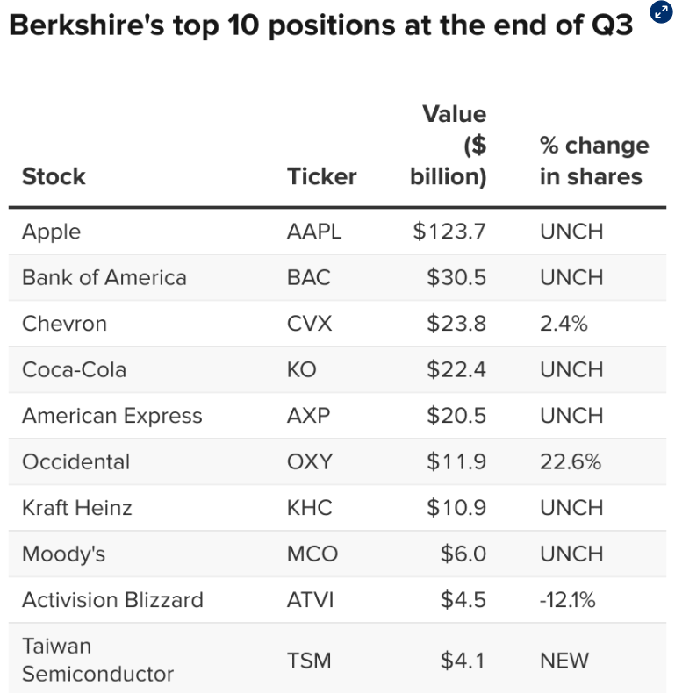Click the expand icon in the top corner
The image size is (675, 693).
(x=661, y=12)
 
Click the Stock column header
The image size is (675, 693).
(x=54, y=176)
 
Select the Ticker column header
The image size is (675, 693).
(x=321, y=176)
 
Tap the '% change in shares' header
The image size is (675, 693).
(x=594, y=161)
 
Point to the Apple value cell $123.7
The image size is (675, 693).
(x=449, y=232)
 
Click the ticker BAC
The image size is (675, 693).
(x=309, y=277)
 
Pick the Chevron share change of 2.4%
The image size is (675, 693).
(x=564, y=324)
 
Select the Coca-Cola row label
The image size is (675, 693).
(x=75, y=369)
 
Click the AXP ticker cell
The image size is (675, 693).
(x=308, y=416)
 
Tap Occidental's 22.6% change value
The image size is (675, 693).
(x=571, y=461)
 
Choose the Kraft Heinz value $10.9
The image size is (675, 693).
(x=456, y=508)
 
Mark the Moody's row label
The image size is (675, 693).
(x=64, y=554)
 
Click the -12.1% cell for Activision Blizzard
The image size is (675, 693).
(x=568, y=600)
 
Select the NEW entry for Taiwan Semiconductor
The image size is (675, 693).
(x=564, y=661)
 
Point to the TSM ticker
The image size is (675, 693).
(x=309, y=661)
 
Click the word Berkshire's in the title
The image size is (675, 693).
(x=87, y=25)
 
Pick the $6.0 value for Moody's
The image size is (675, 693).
(x=463, y=554)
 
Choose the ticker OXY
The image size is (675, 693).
(x=310, y=461)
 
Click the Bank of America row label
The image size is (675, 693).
(x=104, y=277)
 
